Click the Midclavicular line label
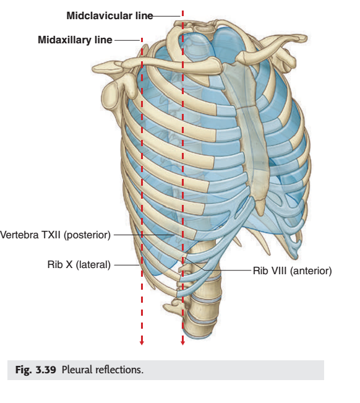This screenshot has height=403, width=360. tap(109, 15)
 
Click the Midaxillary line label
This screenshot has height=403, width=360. tap(75, 40)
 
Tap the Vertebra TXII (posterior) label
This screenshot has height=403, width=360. tap(55, 235)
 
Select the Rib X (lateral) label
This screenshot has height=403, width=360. tap(79, 264)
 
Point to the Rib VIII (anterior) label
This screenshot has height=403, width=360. tap(293, 271)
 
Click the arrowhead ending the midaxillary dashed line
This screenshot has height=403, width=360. tap(142, 342)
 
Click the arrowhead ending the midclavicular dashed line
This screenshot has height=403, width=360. tap(182, 342)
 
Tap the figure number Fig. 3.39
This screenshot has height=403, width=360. tap(36, 370)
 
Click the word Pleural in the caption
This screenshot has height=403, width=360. tap(77, 370)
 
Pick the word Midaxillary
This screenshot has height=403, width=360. tap(64, 40)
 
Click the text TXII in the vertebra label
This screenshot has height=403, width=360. tap(51, 235)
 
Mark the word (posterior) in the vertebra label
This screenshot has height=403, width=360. tap(87, 235)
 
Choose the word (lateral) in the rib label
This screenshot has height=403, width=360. tap(93, 264)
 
